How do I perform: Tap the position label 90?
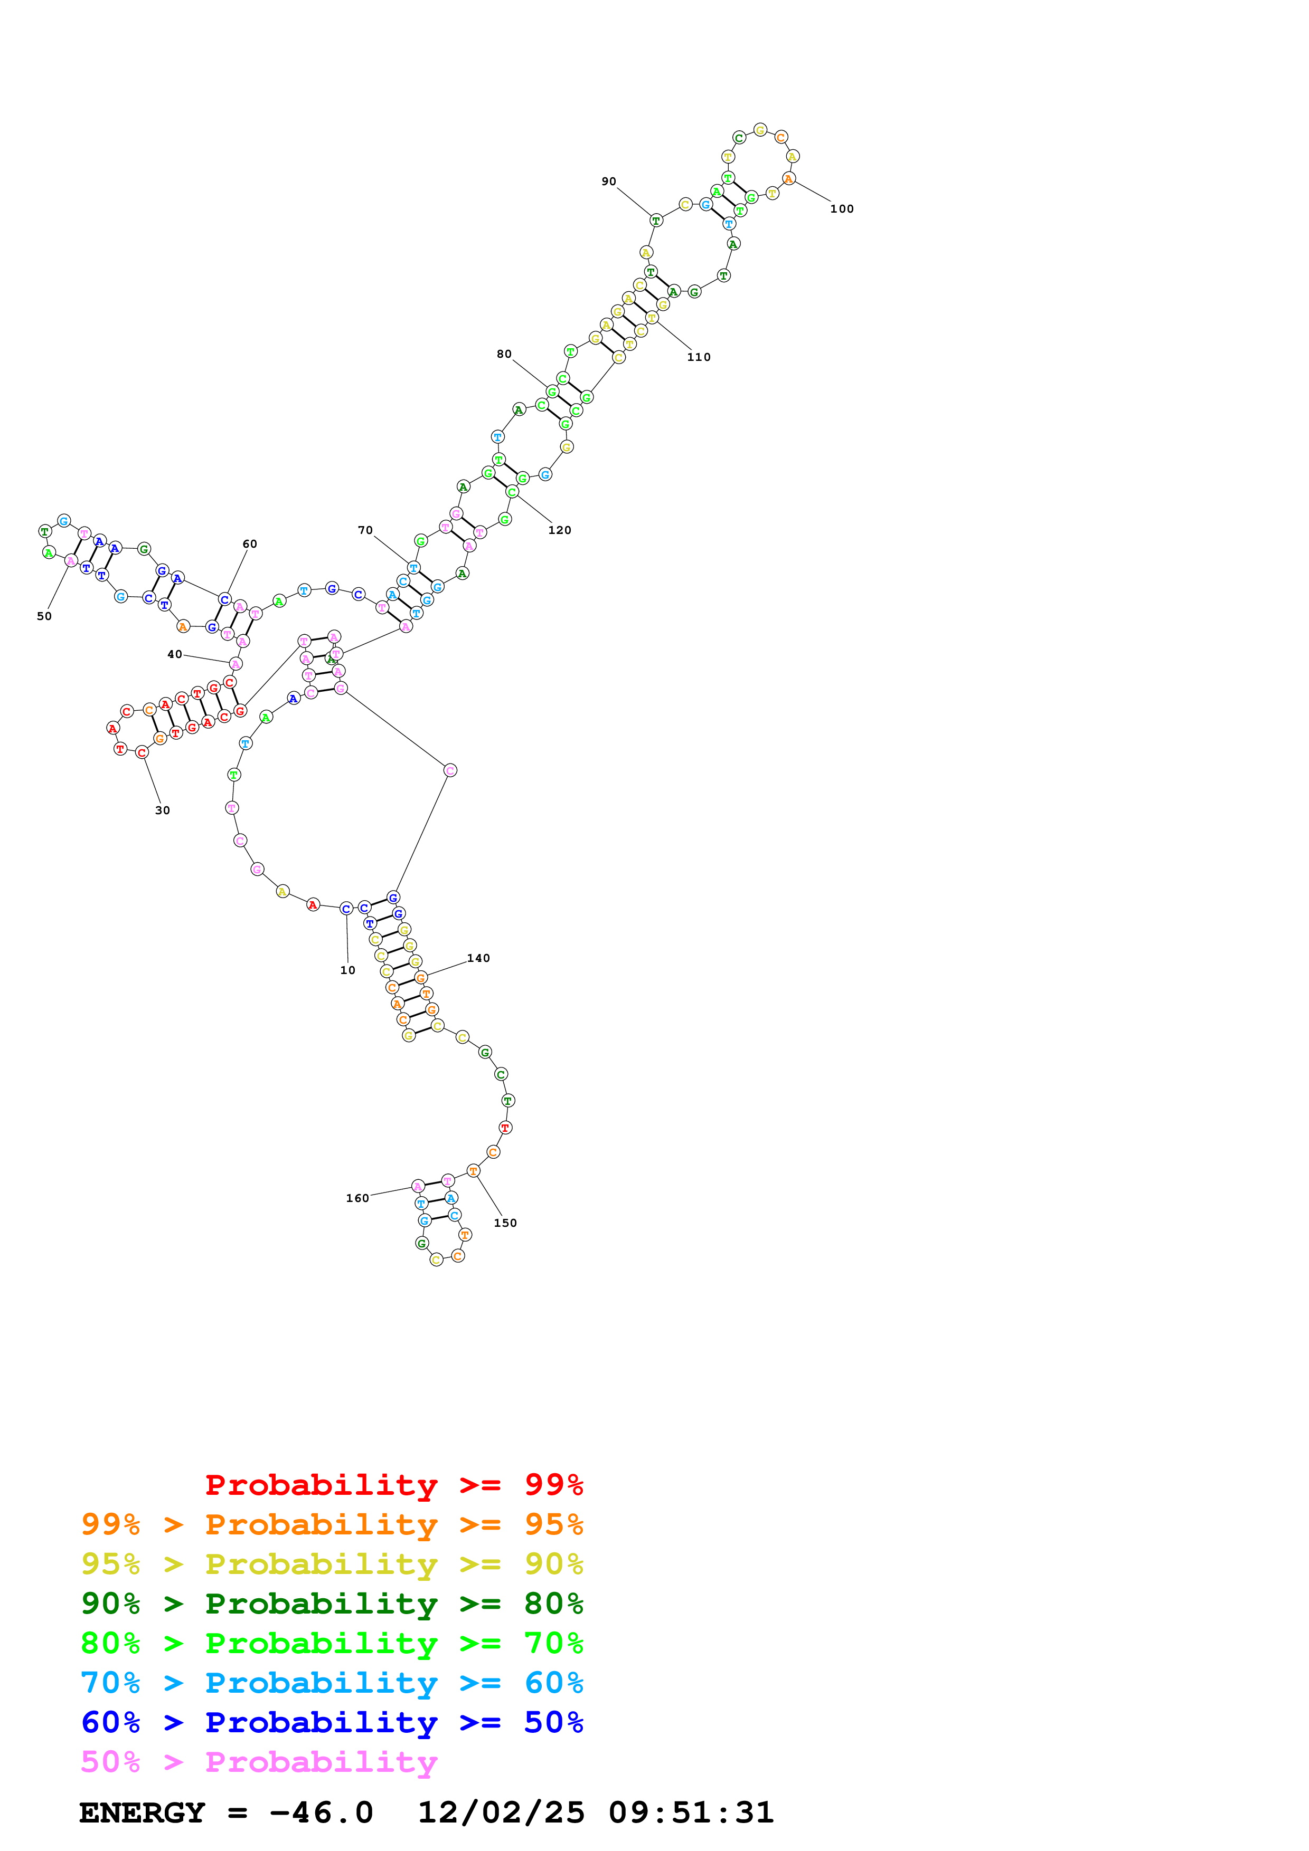tap(608, 182)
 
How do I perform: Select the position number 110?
tap(699, 357)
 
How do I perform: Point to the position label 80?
tap(504, 354)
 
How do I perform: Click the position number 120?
tap(560, 530)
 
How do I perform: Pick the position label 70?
tap(365, 530)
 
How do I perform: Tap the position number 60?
tap(250, 544)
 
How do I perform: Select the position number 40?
tap(174, 655)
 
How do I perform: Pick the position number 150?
tap(506, 1223)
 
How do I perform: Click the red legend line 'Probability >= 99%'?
tap(393, 1484)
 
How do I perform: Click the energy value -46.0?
tap(321, 1812)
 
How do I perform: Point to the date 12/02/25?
tap(501, 1812)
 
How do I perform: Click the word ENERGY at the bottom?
tap(142, 1812)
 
